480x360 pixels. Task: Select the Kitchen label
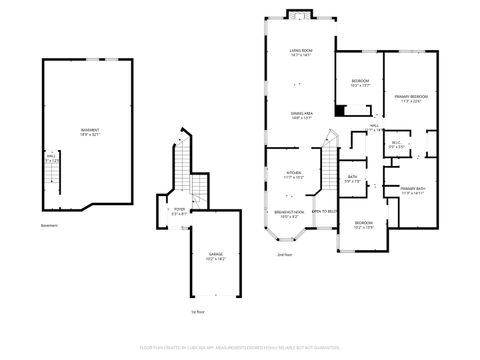(x=293, y=174)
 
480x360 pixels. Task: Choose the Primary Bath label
(x=413, y=190)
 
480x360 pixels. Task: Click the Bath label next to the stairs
(x=352, y=180)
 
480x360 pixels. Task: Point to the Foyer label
(x=180, y=211)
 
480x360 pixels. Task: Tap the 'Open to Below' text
(x=323, y=211)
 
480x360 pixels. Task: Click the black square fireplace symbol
(x=341, y=112)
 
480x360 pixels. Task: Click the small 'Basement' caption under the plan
(x=49, y=227)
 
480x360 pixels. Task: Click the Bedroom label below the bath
(x=362, y=225)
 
